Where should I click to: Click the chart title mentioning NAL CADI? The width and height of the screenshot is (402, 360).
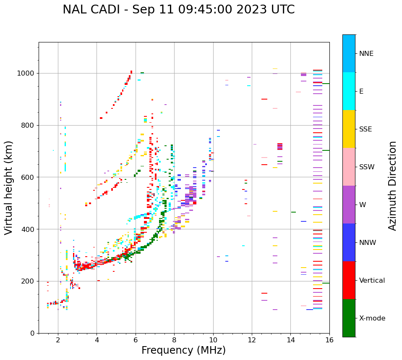[178, 10]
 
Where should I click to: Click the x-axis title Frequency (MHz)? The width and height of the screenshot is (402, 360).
[183, 350]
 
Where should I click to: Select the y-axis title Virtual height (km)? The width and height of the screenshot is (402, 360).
[9, 188]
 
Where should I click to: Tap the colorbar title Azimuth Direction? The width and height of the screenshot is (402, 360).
[392, 186]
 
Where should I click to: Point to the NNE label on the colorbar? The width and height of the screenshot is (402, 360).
[366, 54]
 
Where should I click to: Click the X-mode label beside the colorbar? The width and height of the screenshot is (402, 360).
[372, 318]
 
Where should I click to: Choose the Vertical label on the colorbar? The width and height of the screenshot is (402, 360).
[372, 281]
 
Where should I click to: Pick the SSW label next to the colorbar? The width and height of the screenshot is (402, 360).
[367, 167]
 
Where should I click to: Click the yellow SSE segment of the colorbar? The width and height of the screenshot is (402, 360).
[349, 129]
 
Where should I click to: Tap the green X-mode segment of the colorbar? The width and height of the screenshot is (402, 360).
[349, 318]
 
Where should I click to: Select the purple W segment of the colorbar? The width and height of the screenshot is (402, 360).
[349, 205]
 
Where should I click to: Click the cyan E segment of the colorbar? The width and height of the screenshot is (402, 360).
[349, 91]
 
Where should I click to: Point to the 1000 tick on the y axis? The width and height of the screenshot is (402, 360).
[28, 74]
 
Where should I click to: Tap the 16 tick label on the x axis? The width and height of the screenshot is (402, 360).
[329, 340]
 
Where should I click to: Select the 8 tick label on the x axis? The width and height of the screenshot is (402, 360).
[174, 340]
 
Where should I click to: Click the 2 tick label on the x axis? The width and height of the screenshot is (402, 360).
[58, 340]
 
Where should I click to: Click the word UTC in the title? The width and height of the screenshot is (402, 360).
[282, 10]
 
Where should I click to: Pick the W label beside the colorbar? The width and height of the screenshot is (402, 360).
[363, 205]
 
